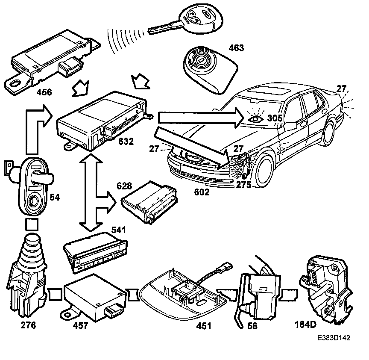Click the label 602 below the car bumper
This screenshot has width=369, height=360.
click(x=202, y=192)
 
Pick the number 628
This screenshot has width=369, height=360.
click(x=125, y=186)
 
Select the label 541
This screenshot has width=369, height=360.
click(x=118, y=230)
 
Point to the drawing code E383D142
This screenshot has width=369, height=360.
click(x=334, y=337)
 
